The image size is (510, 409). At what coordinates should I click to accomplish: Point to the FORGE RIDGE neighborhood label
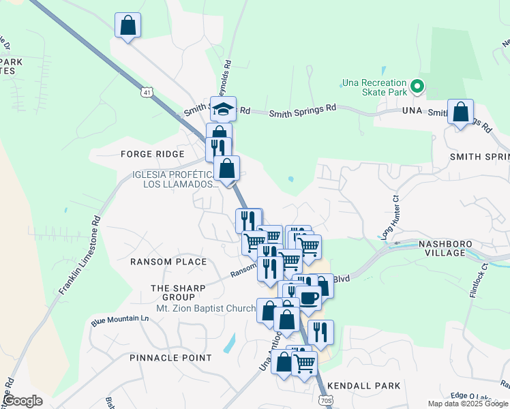click(x=148, y=154)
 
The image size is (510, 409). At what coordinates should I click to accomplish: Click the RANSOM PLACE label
click(x=168, y=262)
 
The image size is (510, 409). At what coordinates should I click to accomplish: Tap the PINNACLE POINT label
click(x=170, y=358)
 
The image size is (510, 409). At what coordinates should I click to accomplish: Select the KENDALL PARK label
click(x=363, y=386)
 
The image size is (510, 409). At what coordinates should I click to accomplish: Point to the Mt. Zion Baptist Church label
click(x=205, y=308)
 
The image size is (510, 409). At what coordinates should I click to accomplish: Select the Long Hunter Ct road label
click(x=389, y=217)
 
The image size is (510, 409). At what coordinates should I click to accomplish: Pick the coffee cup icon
click(x=308, y=298)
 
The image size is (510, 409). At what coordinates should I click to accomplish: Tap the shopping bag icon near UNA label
click(x=460, y=111)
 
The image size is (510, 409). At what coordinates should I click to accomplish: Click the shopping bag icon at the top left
click(x=127, y=26)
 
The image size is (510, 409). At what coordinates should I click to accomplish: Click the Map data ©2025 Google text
click(x=467, y=404)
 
